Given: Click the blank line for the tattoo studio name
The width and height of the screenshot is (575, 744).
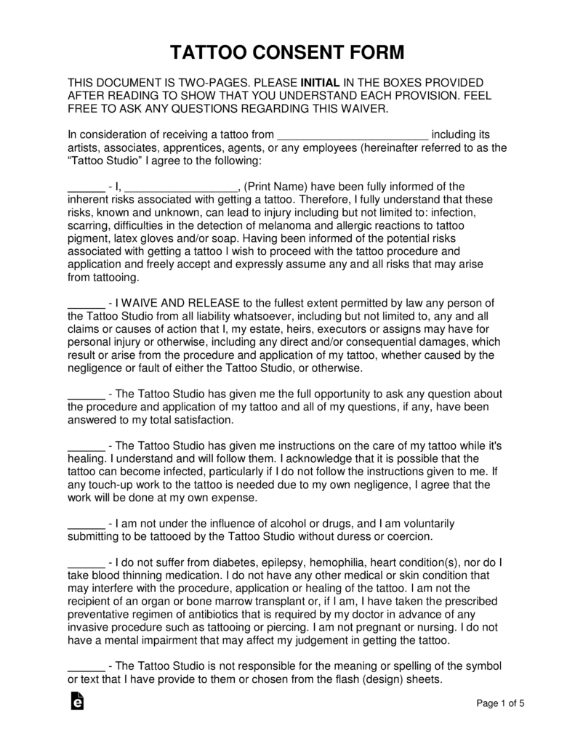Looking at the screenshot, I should click(x=353, y=134).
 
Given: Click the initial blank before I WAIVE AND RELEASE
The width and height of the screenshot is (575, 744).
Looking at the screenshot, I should click(x=86, y=303).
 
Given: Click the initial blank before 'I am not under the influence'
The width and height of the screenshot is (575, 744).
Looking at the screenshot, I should click(x=86, y=523).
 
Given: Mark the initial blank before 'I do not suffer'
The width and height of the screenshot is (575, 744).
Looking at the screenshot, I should click(x=86, y=562).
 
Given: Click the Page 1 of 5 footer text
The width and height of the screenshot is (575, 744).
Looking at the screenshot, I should click(x=500, y=703).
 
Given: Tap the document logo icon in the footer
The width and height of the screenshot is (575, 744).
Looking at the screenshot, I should click(x=76, y=700).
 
